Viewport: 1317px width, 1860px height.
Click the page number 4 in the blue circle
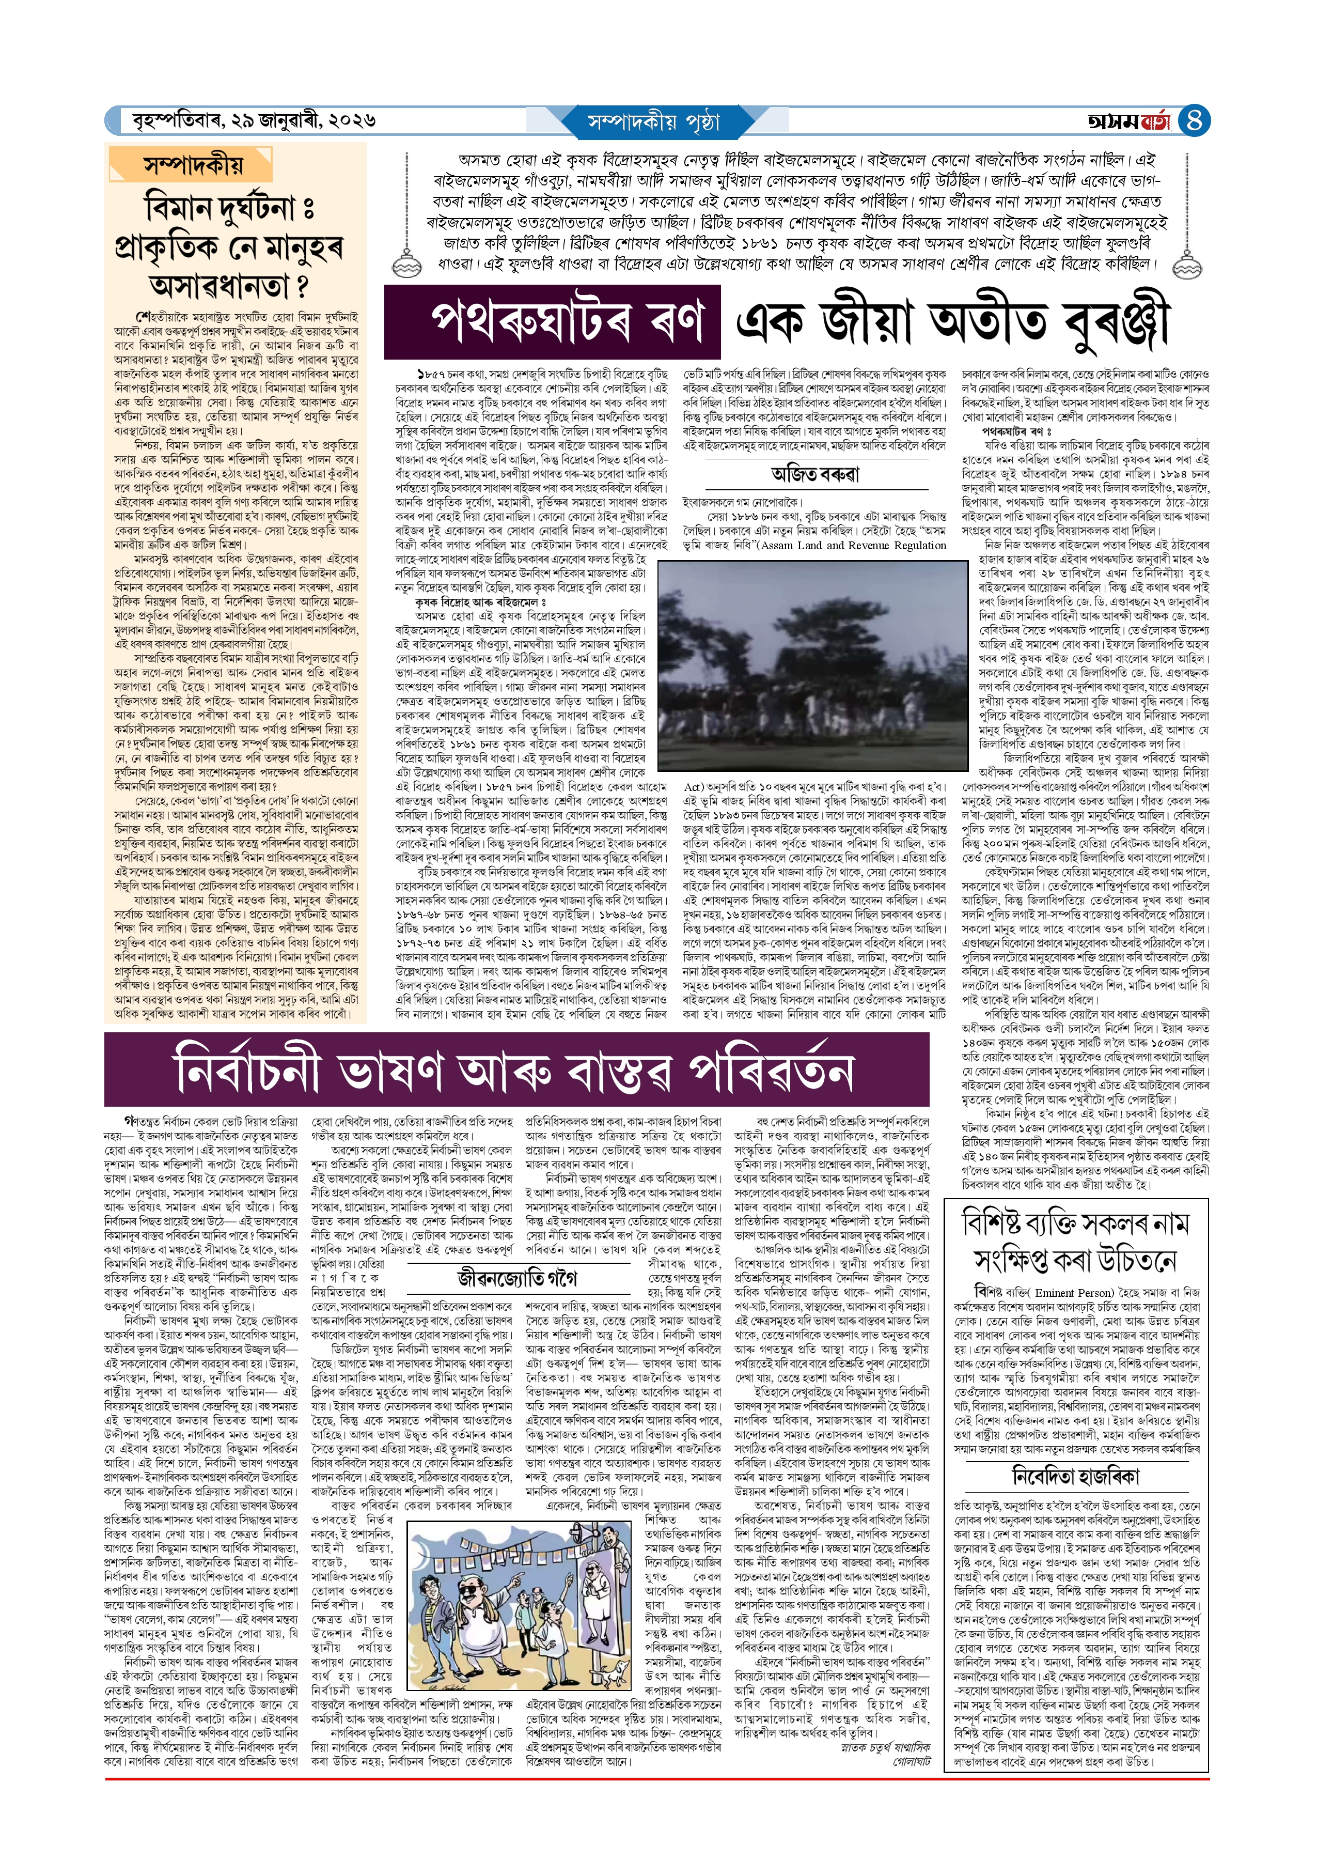pyautogui.click(x=1193, y=121)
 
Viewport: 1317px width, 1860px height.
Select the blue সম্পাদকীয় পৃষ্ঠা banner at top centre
pyautogui.click(x=654, y=121)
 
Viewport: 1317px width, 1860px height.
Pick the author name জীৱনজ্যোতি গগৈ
pyautogui.click(x=516, y=1279)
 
